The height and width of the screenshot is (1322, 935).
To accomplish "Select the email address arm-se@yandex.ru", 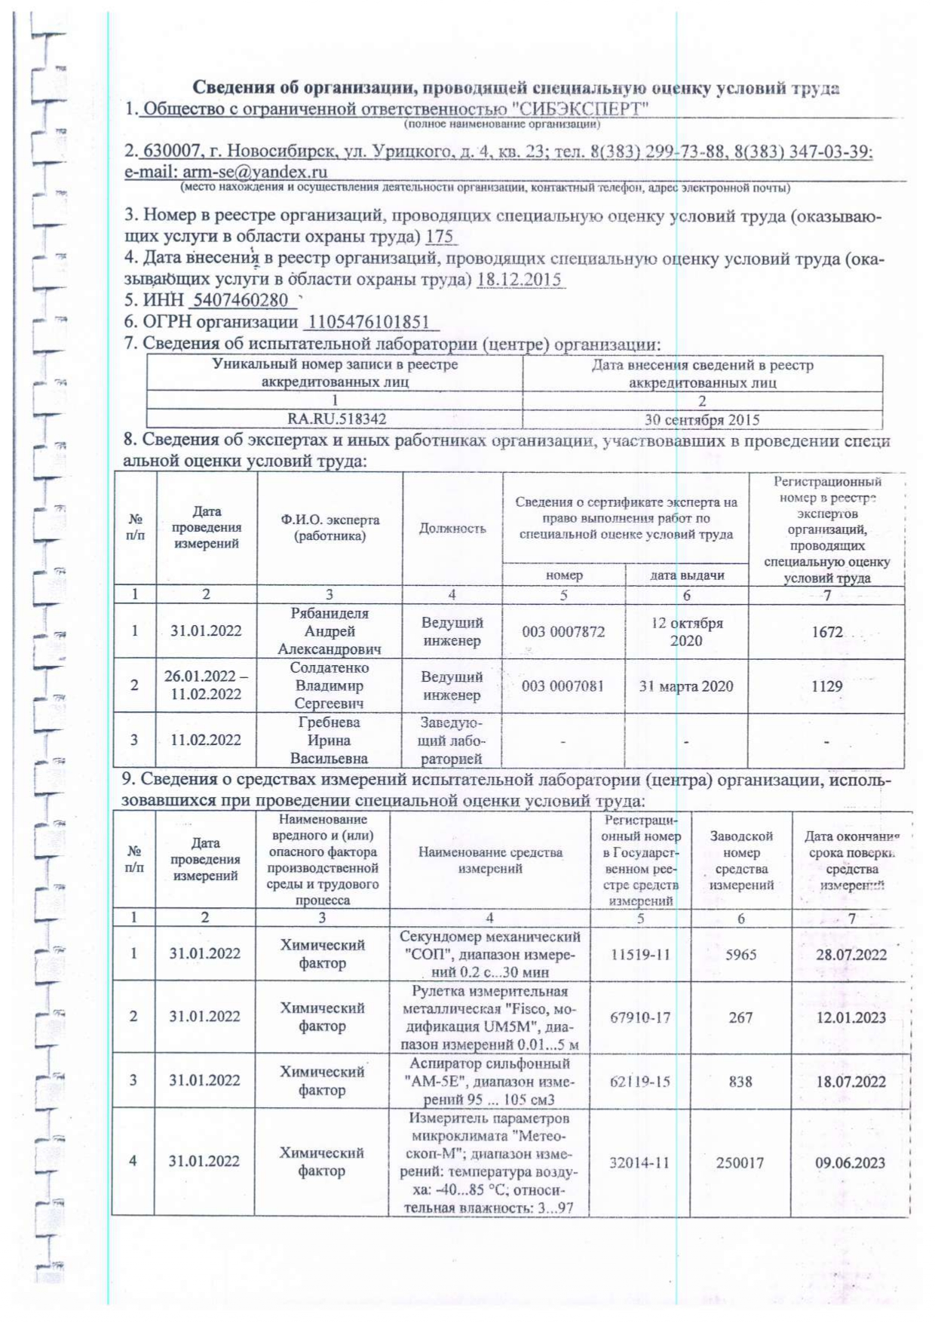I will click(x=255, y=172).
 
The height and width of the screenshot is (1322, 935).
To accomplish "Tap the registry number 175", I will click(x=440, y=237).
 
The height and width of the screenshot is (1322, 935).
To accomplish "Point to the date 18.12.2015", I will click(x=520, y=279).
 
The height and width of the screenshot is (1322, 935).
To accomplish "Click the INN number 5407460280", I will click(x=241, y=300).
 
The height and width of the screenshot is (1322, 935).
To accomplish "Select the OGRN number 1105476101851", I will click(x=369, y=322).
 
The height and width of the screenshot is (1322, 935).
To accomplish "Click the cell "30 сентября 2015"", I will click(x=702, y=420).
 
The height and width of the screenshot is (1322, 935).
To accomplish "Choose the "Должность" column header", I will click(x=452, y=529).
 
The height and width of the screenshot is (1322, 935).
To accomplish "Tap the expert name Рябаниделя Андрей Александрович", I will click(x=330, y=631).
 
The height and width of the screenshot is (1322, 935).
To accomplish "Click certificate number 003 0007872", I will click(x=563, y=632).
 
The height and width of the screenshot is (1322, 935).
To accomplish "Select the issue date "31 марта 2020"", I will click(x=686, y=686).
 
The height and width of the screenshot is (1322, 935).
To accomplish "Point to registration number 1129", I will click(x=827, y=686).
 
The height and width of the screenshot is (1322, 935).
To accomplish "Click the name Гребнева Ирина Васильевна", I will click(x=330, y=741).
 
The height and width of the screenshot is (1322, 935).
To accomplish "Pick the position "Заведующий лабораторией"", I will click(x=452, y=741).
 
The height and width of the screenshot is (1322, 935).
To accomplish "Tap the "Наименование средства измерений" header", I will click(x=490, y=860).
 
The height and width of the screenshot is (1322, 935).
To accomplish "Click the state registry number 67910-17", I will click(x=640, y=1017).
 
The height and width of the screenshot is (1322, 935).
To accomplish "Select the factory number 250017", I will click(x=740, y=1163).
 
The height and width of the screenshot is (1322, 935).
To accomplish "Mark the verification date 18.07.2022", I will click(x=851, y=1081).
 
